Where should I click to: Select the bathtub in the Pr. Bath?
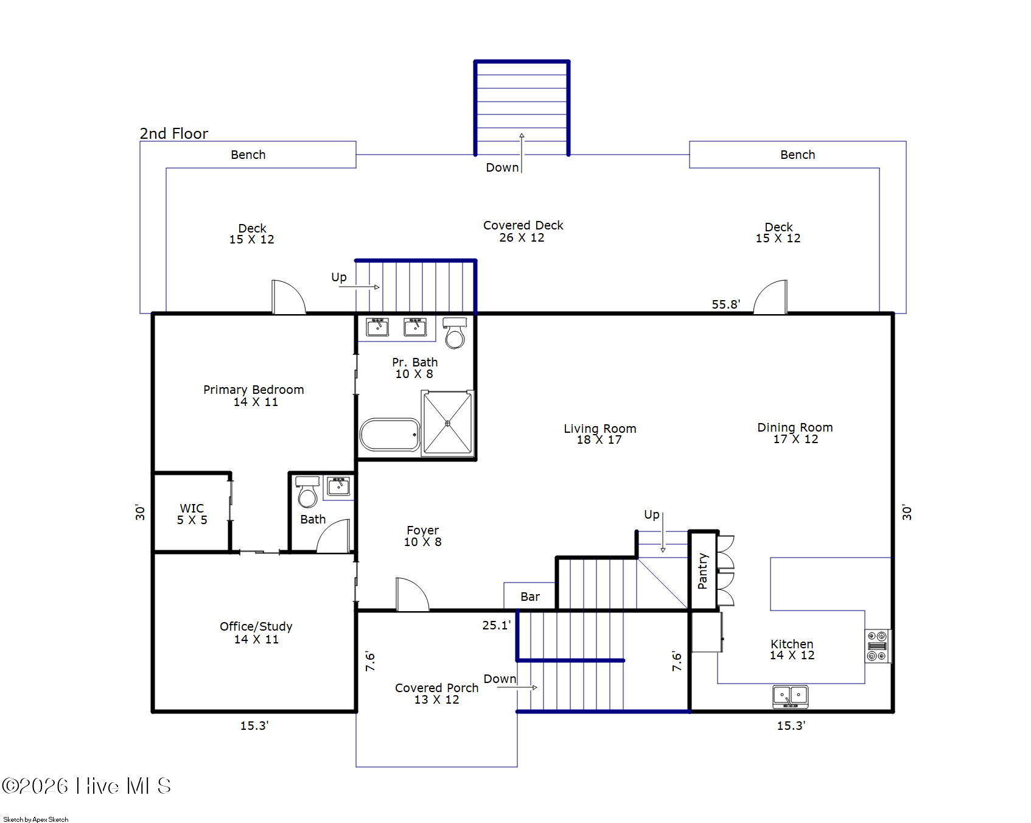click(390, 434)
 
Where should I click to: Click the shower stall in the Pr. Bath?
click(448, 423)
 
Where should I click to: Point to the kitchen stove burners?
click(877, 646)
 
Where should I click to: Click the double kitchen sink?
click(790, 696)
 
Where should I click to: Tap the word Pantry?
click(702, 570)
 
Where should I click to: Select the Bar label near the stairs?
click(529, 597)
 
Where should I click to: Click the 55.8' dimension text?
click(725, 304)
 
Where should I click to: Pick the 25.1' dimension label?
click(495, 625)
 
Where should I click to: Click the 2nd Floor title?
click(173, 133)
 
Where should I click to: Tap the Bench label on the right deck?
click(797, 155)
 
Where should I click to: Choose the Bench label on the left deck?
click(248, 155)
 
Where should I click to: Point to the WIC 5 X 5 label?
click(192, 514)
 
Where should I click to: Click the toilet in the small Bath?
click(307, 492)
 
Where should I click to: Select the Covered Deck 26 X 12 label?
click(523, 231)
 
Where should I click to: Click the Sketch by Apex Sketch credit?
click(36, 819)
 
